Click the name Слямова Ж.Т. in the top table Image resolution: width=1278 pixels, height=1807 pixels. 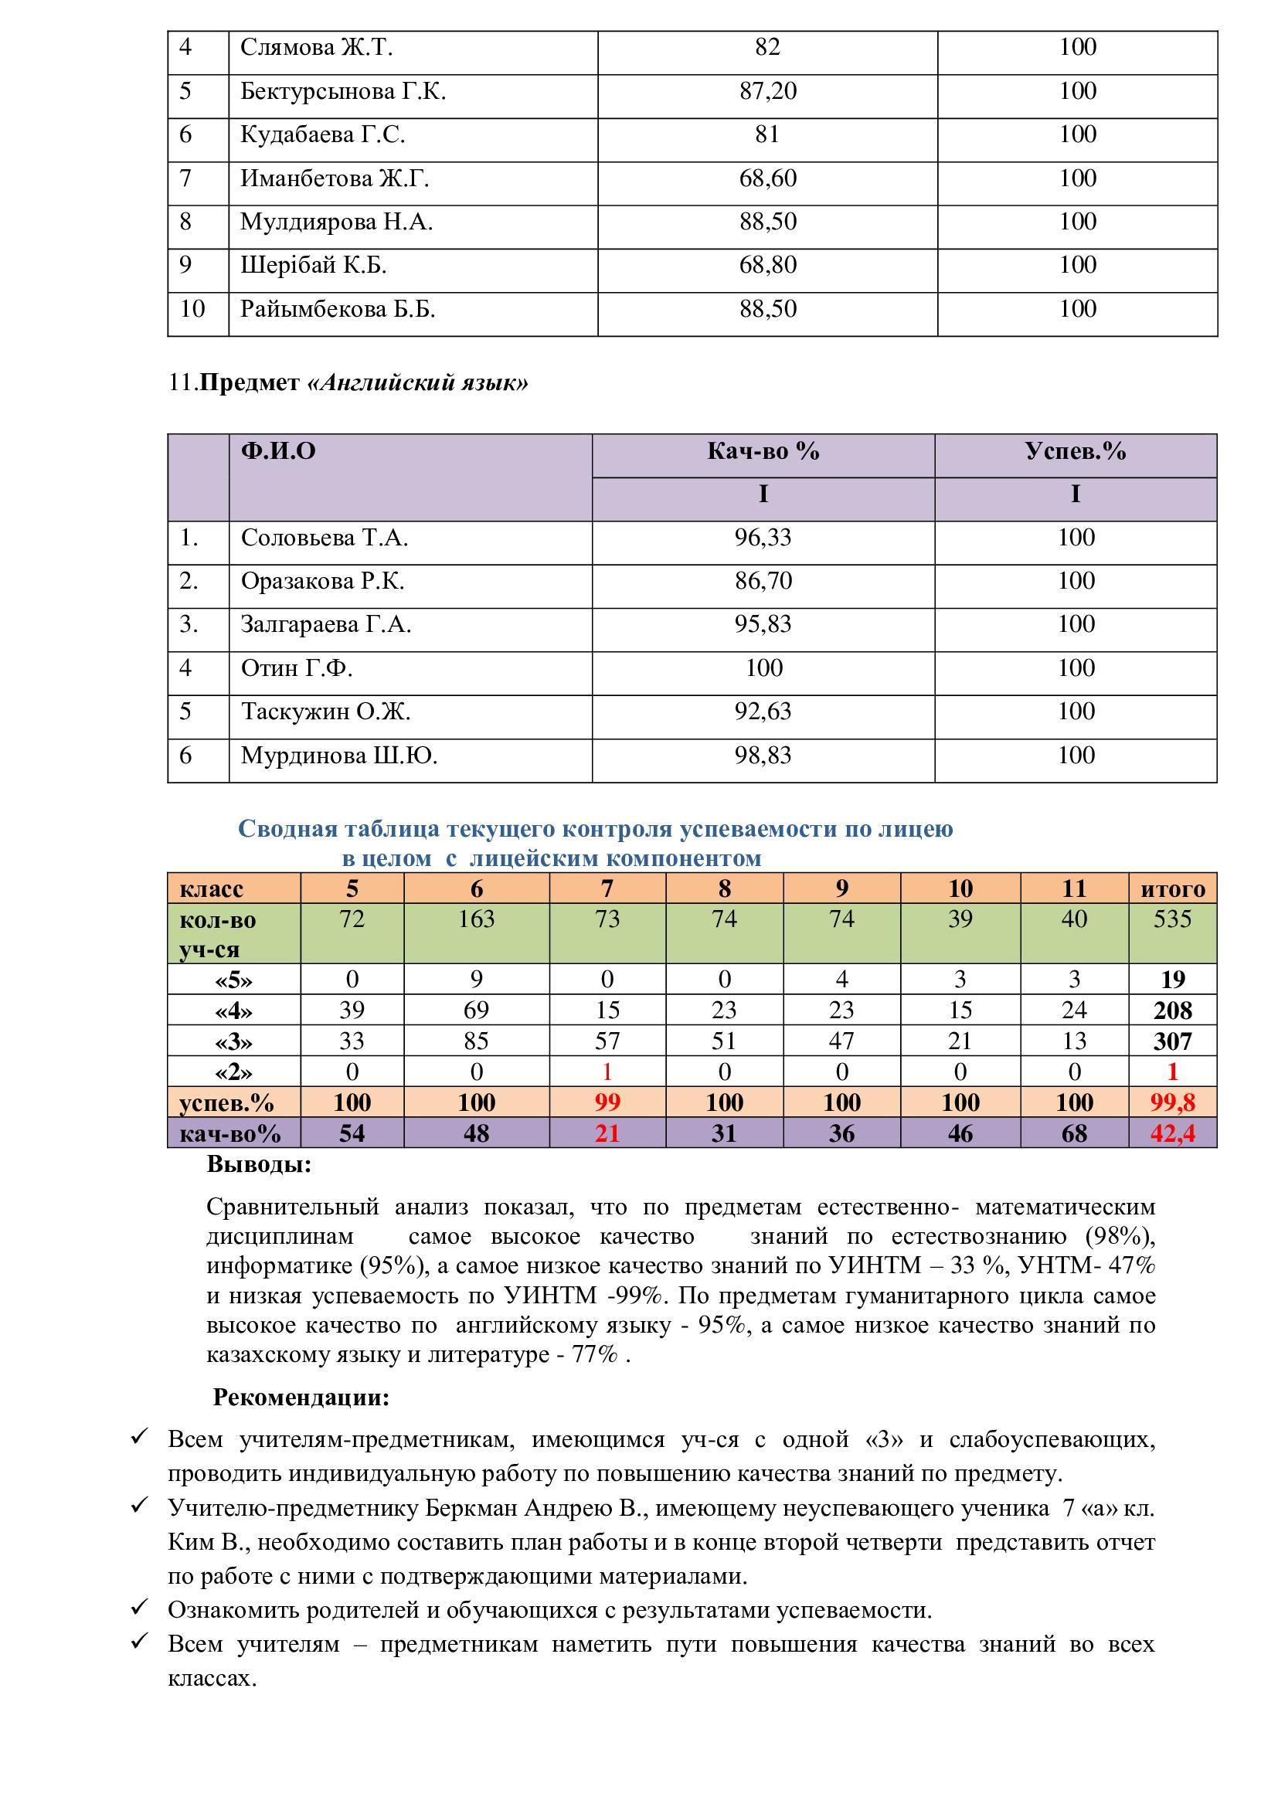tap(315, 49)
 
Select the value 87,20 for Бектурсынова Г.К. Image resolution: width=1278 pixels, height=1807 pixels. tap(767, 92)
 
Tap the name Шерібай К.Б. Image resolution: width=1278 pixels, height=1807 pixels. tap(313, 266)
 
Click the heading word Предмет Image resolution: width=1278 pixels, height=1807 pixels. tap(250, 383)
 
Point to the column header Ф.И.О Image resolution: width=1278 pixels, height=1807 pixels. tap(278, 452)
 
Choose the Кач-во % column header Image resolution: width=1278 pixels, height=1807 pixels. tap(763, 452)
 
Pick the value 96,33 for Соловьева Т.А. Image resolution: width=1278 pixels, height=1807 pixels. tap(763, 538)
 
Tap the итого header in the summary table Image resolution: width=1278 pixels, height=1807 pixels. tap(1172, 889)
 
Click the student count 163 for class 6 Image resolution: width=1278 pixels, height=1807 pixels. tap(476, 919)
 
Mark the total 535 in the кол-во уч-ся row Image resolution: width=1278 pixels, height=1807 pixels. tap(1172, 919)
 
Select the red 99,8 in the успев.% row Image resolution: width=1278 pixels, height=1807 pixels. tap(1172, 1102)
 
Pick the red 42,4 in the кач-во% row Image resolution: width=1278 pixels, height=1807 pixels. tap(1172, 1133)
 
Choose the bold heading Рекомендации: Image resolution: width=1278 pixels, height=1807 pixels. tap(301, 1398)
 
